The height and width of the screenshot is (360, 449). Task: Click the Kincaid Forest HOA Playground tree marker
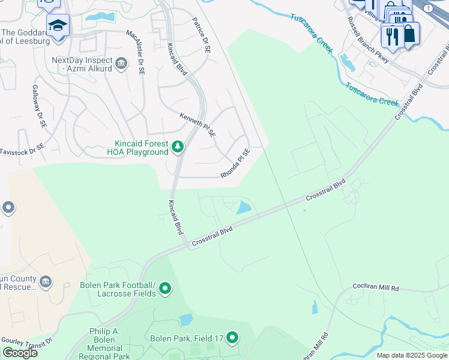coord(177,146)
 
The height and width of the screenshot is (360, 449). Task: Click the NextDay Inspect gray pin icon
coord(121,64)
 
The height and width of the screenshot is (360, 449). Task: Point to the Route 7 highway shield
coord(428,8)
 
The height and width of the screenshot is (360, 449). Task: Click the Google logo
coord(20,353)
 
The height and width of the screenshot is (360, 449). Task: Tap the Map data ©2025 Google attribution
coord(412,355)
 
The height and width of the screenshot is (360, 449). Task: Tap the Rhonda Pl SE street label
coord(235,164)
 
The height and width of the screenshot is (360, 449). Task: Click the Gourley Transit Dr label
coord(26,340)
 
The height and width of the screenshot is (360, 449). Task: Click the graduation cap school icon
coord(58,26)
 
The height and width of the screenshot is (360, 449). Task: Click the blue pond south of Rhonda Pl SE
coord(244,208)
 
